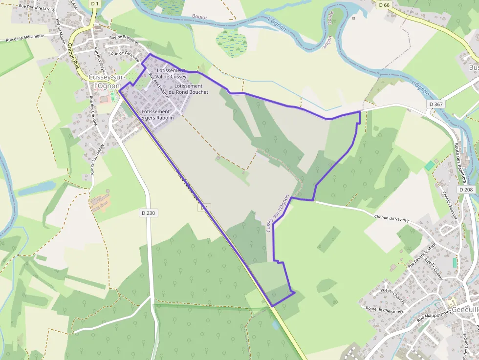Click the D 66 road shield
pos(384,5)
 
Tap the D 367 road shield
pos(435,104)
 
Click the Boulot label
pos(199,17)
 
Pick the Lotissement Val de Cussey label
pos(171,74)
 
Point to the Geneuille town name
pos(464,310)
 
